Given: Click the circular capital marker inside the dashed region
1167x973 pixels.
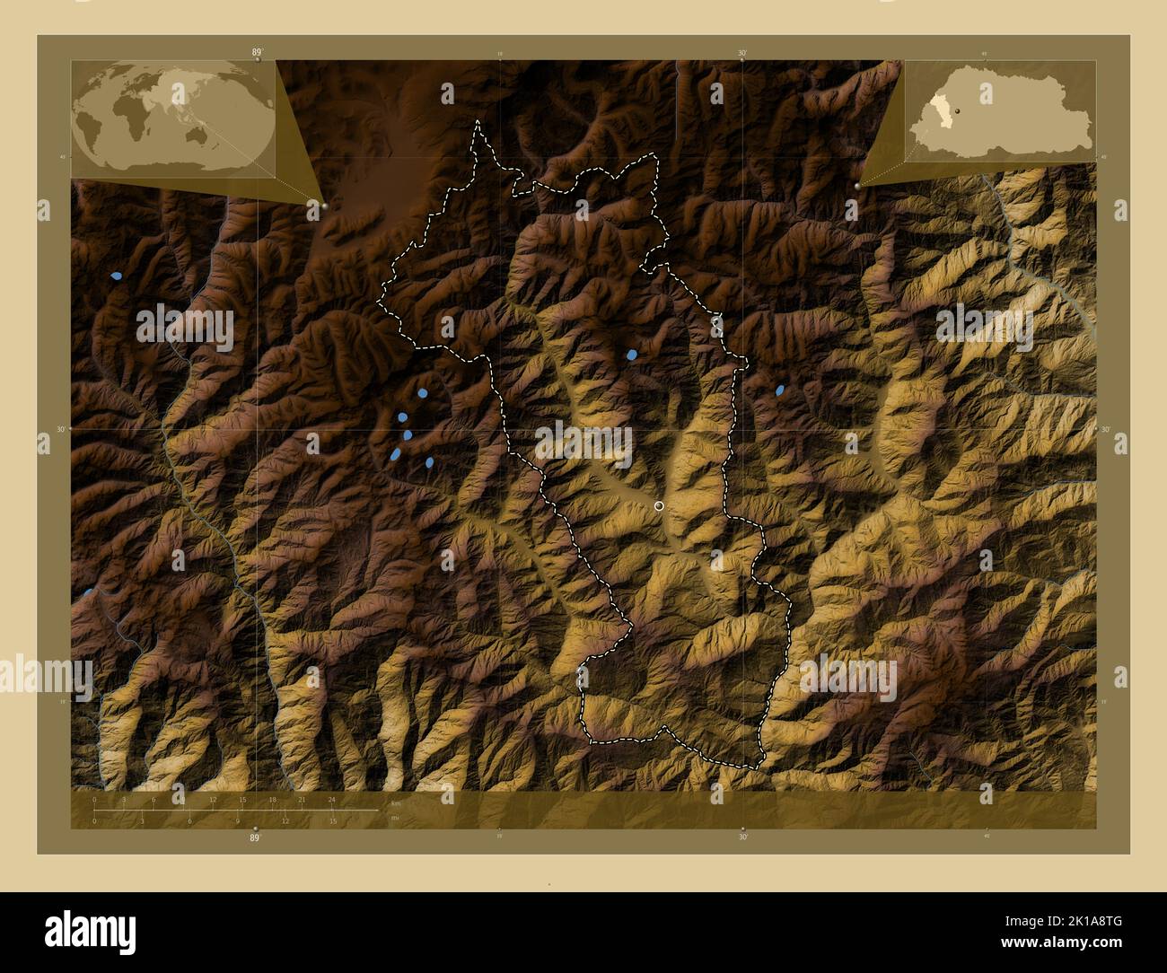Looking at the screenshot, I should coord(660,506).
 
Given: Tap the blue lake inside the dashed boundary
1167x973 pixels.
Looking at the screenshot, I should coord(632,355).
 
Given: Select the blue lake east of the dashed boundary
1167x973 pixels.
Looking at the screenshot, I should coord(780,390).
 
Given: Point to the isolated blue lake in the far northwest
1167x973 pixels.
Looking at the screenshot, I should coord(116,276).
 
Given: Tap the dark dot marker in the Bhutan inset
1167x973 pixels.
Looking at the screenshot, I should coord(959,110).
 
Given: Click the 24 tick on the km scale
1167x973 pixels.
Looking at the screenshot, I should coord(332,799).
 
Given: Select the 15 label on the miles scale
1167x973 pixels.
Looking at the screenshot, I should coord(332,820).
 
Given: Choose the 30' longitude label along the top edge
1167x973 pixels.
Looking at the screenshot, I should coord(742,54).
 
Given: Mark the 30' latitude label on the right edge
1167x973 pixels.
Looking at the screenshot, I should coord(1106,429).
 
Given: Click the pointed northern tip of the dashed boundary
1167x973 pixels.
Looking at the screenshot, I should coord(478,123).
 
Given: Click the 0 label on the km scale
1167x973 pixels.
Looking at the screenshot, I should coord(94,799).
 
